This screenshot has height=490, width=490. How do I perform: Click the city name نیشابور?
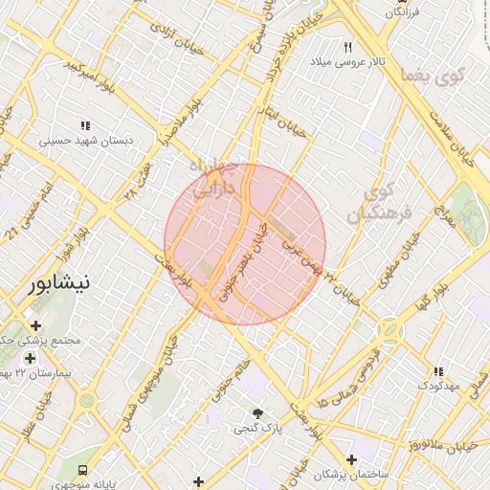pos(60,283)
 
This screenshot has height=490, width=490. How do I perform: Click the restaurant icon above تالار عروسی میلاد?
pos(348,46)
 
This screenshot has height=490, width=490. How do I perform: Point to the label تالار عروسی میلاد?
pos(346,61)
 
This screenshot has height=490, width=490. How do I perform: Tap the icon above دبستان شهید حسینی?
pos(85,125)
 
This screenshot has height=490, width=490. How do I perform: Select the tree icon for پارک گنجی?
pos(257,413)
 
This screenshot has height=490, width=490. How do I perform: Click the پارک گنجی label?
pos(258,430)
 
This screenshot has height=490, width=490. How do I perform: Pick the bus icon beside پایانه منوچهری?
pos(83,471)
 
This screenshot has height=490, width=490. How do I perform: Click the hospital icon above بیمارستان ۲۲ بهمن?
pos(31,358)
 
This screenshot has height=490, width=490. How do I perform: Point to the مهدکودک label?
pos(438,386)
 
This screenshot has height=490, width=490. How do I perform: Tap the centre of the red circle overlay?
pos(245,244)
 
